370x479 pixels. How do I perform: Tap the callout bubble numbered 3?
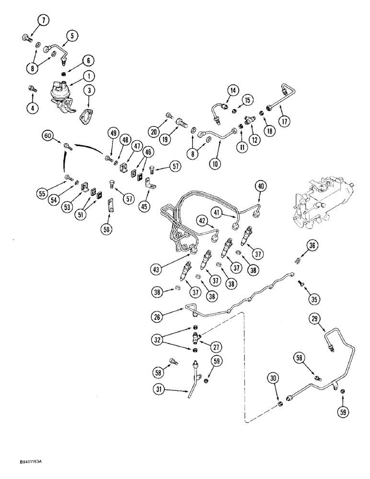coord(89,90)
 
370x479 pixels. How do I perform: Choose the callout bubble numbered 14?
coord(233,90)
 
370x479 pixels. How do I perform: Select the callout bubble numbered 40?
coord(260,186)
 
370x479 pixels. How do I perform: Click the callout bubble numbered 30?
coord(274,378)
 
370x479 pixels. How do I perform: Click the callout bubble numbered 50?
coord(107,229)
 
